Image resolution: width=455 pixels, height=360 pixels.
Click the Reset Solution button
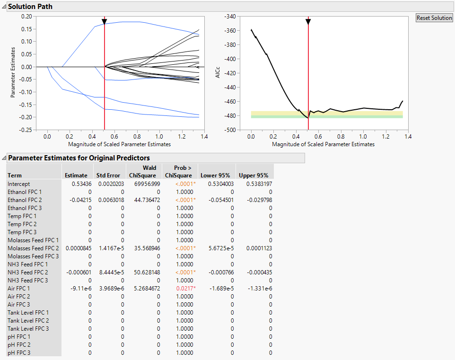point(434,18)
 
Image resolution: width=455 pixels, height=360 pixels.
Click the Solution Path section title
point(30,7)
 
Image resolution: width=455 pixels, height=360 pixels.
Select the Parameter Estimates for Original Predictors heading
point(79,158)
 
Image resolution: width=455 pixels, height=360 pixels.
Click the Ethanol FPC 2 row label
point(25,200)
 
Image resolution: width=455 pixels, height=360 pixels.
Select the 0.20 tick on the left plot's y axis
point(26,16)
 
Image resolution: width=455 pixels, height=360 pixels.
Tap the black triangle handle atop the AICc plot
point(308,22)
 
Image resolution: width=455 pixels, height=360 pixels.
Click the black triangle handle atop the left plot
point(105,22)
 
